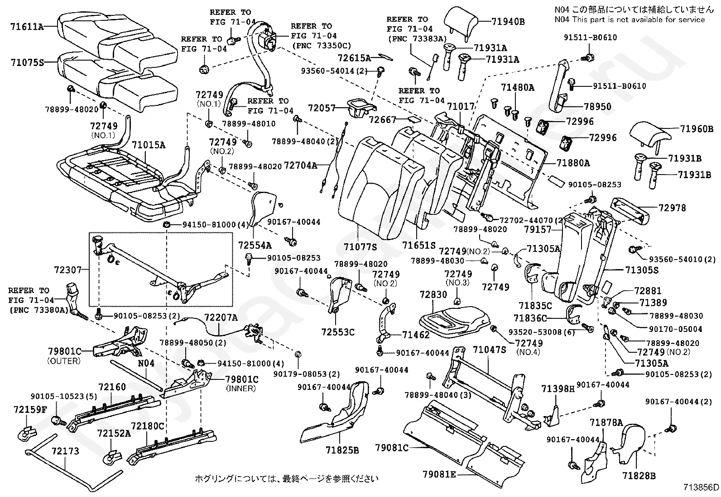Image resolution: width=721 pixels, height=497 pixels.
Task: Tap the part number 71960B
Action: click(x=696, y=128)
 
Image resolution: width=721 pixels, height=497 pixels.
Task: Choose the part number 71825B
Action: click(x=342, y=450)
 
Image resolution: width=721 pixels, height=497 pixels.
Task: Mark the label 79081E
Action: click(x=440, y=474)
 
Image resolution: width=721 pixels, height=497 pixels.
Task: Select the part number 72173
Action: click(x=65, y=451)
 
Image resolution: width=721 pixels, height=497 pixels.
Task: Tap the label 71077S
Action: click(x=360, y=247)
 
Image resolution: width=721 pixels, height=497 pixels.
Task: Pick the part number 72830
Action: click(x=433, y=294)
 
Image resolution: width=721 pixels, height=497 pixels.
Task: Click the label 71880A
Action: click(x=573, y=163)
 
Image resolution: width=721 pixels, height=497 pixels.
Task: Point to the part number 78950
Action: click(x=597, y=107)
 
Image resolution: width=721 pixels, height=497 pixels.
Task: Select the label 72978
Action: click(x=673, y=208)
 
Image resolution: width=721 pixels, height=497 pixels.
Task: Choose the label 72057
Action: click(x=322, y=108)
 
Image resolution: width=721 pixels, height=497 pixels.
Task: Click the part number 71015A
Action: click(x=149, y=145)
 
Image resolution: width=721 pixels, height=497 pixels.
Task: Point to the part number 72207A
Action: click(x=221, y=317)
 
